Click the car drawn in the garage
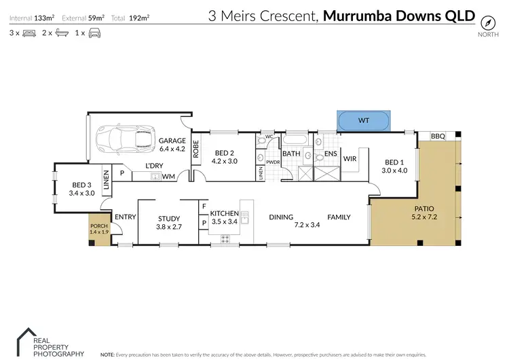(125, 140)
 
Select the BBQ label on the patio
(438, 137)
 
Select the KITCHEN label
(224, 213)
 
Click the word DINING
(281, 217)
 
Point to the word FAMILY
(339, 217)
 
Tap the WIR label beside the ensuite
(351, 158)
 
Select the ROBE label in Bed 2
(196, 148)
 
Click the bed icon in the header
(29, 32)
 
